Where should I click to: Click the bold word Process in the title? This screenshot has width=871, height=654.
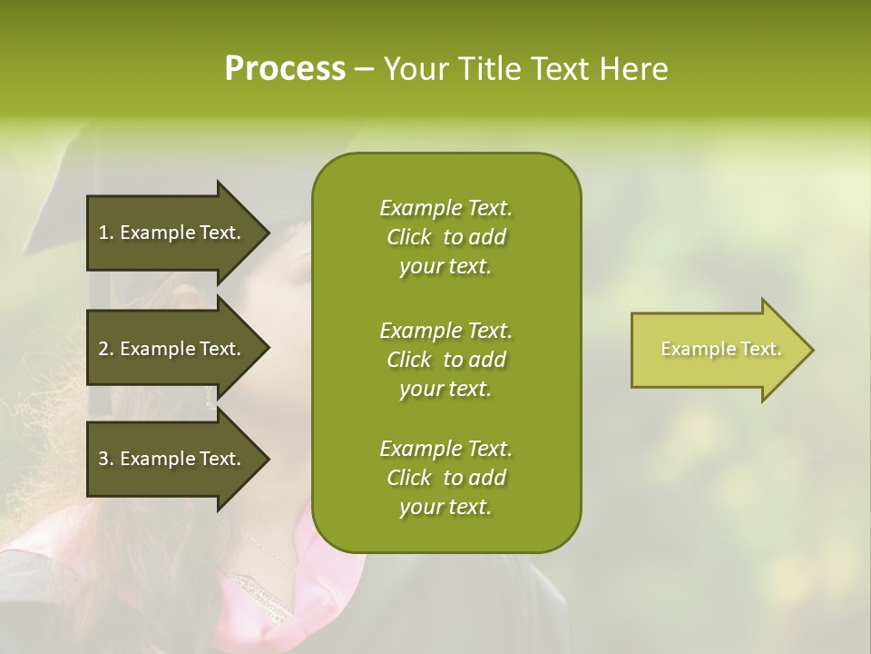[285, 69]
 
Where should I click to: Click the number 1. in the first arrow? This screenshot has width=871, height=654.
[106, 233]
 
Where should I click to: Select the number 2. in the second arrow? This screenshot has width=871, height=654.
[106, 349]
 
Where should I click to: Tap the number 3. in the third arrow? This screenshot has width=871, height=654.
[106, 459]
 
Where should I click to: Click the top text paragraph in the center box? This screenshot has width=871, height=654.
[445, 237]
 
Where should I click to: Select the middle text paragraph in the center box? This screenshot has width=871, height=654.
[445, 359]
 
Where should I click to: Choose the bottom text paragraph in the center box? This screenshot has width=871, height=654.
[445, 478]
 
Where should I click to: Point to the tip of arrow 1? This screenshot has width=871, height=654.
[268, 233]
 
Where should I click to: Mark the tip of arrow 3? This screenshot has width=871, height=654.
[268, 459]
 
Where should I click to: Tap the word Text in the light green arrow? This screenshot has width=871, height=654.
[761, 349]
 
